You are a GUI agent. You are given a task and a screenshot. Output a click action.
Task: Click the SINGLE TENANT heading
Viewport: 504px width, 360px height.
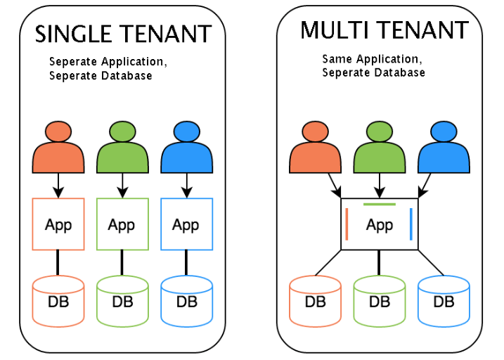(123, 34)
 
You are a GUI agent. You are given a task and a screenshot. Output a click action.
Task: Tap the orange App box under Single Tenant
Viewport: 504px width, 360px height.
(58, 224)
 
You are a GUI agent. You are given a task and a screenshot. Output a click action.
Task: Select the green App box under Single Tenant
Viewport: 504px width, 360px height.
(122, 224)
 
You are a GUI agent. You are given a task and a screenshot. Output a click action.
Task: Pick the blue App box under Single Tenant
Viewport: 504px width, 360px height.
(186, 224)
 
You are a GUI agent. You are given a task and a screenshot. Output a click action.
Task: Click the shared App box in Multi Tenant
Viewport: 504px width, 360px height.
(380, 224)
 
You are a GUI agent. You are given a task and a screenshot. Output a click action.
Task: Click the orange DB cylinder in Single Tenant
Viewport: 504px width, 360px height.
(58, 301)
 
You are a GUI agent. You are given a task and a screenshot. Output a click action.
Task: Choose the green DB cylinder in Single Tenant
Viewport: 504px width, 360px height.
(122, 301)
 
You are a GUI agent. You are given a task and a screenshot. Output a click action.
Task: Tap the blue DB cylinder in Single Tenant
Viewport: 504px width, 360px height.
(186, 301)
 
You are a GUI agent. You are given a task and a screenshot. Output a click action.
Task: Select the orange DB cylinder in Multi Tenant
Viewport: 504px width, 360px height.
(316, 302)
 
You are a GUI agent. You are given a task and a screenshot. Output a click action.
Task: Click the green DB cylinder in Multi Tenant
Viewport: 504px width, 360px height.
(380, 302)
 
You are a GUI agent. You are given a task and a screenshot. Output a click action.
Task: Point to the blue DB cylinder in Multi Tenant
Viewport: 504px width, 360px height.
(444, 302)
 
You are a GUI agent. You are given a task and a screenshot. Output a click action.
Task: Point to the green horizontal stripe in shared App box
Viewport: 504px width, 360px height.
(380, 205)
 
